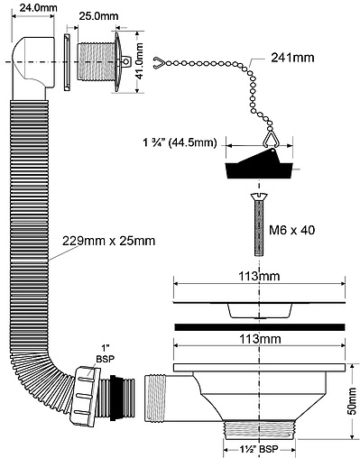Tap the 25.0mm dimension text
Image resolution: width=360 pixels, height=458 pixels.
(98, 16)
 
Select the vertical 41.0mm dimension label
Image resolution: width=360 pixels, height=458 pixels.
(139, 61)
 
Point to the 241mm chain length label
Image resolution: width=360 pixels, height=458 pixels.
(292, 57)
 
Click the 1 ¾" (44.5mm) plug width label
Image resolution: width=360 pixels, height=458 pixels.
(180, 142)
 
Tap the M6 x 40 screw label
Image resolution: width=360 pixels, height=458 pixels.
(291, 230)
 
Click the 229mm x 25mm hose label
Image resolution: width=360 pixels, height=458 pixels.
(108, 241)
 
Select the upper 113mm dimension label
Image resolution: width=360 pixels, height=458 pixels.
(259, 276)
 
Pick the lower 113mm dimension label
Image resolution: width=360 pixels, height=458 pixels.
(260, 339)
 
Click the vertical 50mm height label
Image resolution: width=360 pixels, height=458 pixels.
(353, 401)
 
